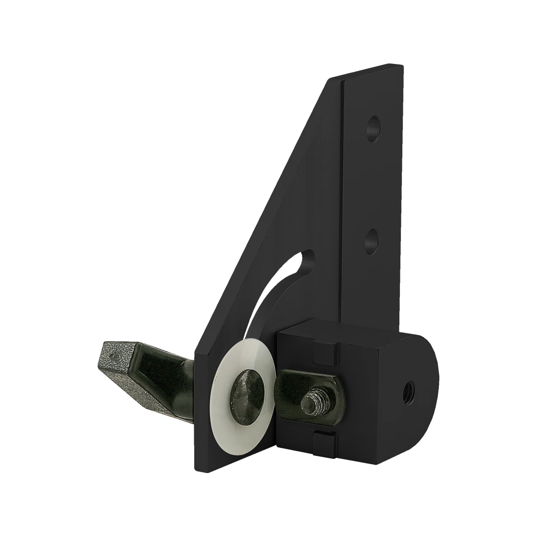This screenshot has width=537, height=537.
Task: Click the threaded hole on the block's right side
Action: pyautogui.click(x=409, y=390)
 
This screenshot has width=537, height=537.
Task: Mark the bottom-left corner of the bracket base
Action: pyautogui.click(x=195, y=471)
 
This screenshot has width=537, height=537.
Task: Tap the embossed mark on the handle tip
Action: pyautogui.click(x=114, y=356)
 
